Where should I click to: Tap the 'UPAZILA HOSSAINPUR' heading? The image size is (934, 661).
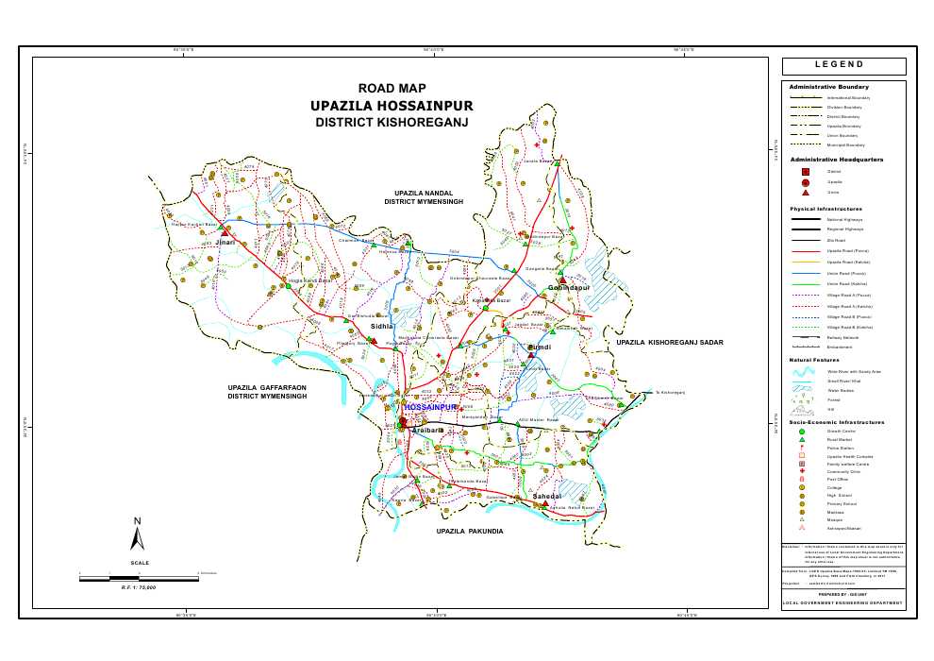click(x=392, y=106)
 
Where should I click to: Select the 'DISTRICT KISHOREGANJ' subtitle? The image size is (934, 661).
click(x=392, y=123)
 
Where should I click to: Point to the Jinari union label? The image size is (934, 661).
click(x=225, y=243)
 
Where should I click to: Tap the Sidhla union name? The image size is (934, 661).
click(x=382, y=326)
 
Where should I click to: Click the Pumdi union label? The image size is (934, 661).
click(x=539, y=347)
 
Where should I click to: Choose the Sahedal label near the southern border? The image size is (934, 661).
click(x=547, y=496)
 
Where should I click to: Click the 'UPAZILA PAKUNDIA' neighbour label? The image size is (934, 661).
click(x=470, y=532)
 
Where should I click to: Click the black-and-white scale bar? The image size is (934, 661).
click(x=140, y=576)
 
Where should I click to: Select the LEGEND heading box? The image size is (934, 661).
click(x=843, y=66)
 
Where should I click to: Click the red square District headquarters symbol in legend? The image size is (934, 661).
click(x=805, y=171)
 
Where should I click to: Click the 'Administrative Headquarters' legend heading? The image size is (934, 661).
click(x=836, y=160)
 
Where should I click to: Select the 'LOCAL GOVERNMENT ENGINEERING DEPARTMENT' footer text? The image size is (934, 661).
click(x=843, y=602)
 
